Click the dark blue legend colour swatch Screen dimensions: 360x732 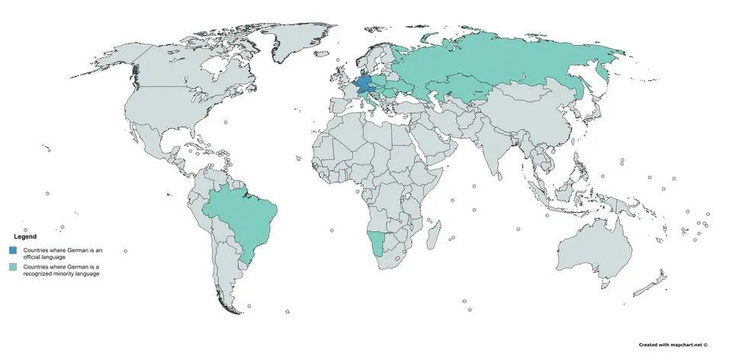pos(14,251)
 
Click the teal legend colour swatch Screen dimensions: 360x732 pos(14,268)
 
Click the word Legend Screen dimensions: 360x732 pos(26,237)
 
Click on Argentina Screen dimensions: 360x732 pos(229,275)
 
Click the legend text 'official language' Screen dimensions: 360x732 pos(43,258)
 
